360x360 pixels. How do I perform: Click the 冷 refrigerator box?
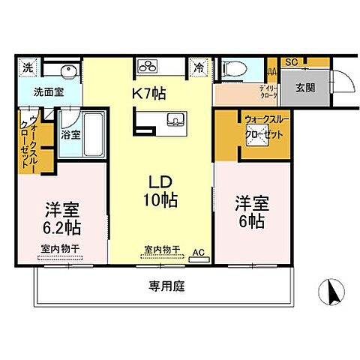(199, 66)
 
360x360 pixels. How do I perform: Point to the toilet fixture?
(231, 67)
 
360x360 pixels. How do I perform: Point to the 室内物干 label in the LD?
(160, 249)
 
